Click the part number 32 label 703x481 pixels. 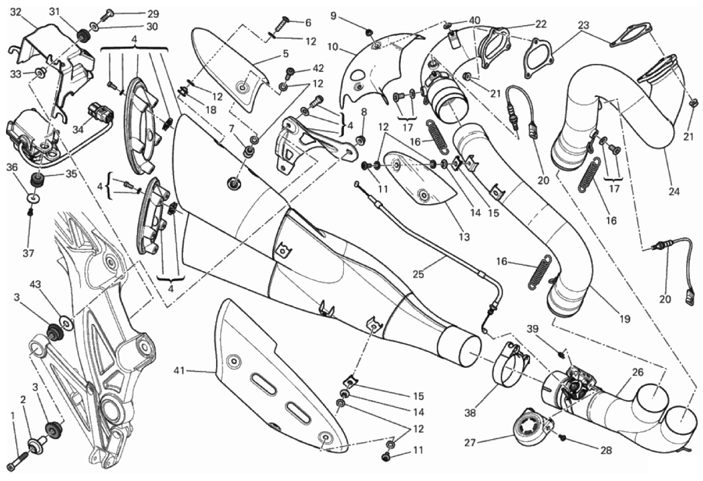point(15,11)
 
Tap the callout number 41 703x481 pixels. point(179,370)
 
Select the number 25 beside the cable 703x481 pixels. point(418,273)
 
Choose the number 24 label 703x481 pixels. point(674,191)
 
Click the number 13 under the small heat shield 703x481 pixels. point(464,236)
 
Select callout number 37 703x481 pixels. point(28,253)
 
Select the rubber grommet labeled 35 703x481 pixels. point(36,181)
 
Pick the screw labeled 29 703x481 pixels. point(105,15)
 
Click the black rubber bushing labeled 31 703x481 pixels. point(82,34)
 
